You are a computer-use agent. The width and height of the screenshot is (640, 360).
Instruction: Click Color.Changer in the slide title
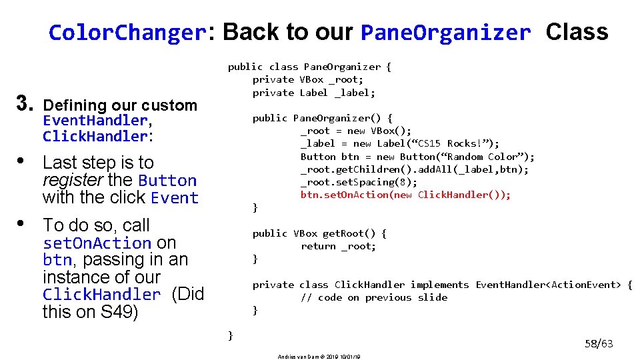pos(126,32)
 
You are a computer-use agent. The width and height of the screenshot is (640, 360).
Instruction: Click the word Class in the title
pos(577,32)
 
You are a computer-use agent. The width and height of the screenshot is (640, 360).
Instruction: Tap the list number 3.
pos(25,103)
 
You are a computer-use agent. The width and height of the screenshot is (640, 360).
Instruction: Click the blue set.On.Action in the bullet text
pos(97,243)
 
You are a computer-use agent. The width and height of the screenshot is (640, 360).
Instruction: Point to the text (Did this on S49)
pos(123,303)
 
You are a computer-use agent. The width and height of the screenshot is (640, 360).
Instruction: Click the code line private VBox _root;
pos(308,79)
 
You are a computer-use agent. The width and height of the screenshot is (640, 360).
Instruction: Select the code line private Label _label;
pos(313,93)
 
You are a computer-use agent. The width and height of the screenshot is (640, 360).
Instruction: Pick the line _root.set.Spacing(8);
pos(359,182)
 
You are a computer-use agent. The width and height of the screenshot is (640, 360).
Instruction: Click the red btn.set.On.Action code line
pos(405,195)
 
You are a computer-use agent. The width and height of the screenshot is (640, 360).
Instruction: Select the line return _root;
pos(338,246)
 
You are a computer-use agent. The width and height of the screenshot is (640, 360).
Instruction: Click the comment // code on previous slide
pos(373,297)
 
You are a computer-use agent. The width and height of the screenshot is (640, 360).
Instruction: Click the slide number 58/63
pos(599,344)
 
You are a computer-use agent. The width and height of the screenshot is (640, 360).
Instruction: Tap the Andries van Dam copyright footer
pos(319,357)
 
